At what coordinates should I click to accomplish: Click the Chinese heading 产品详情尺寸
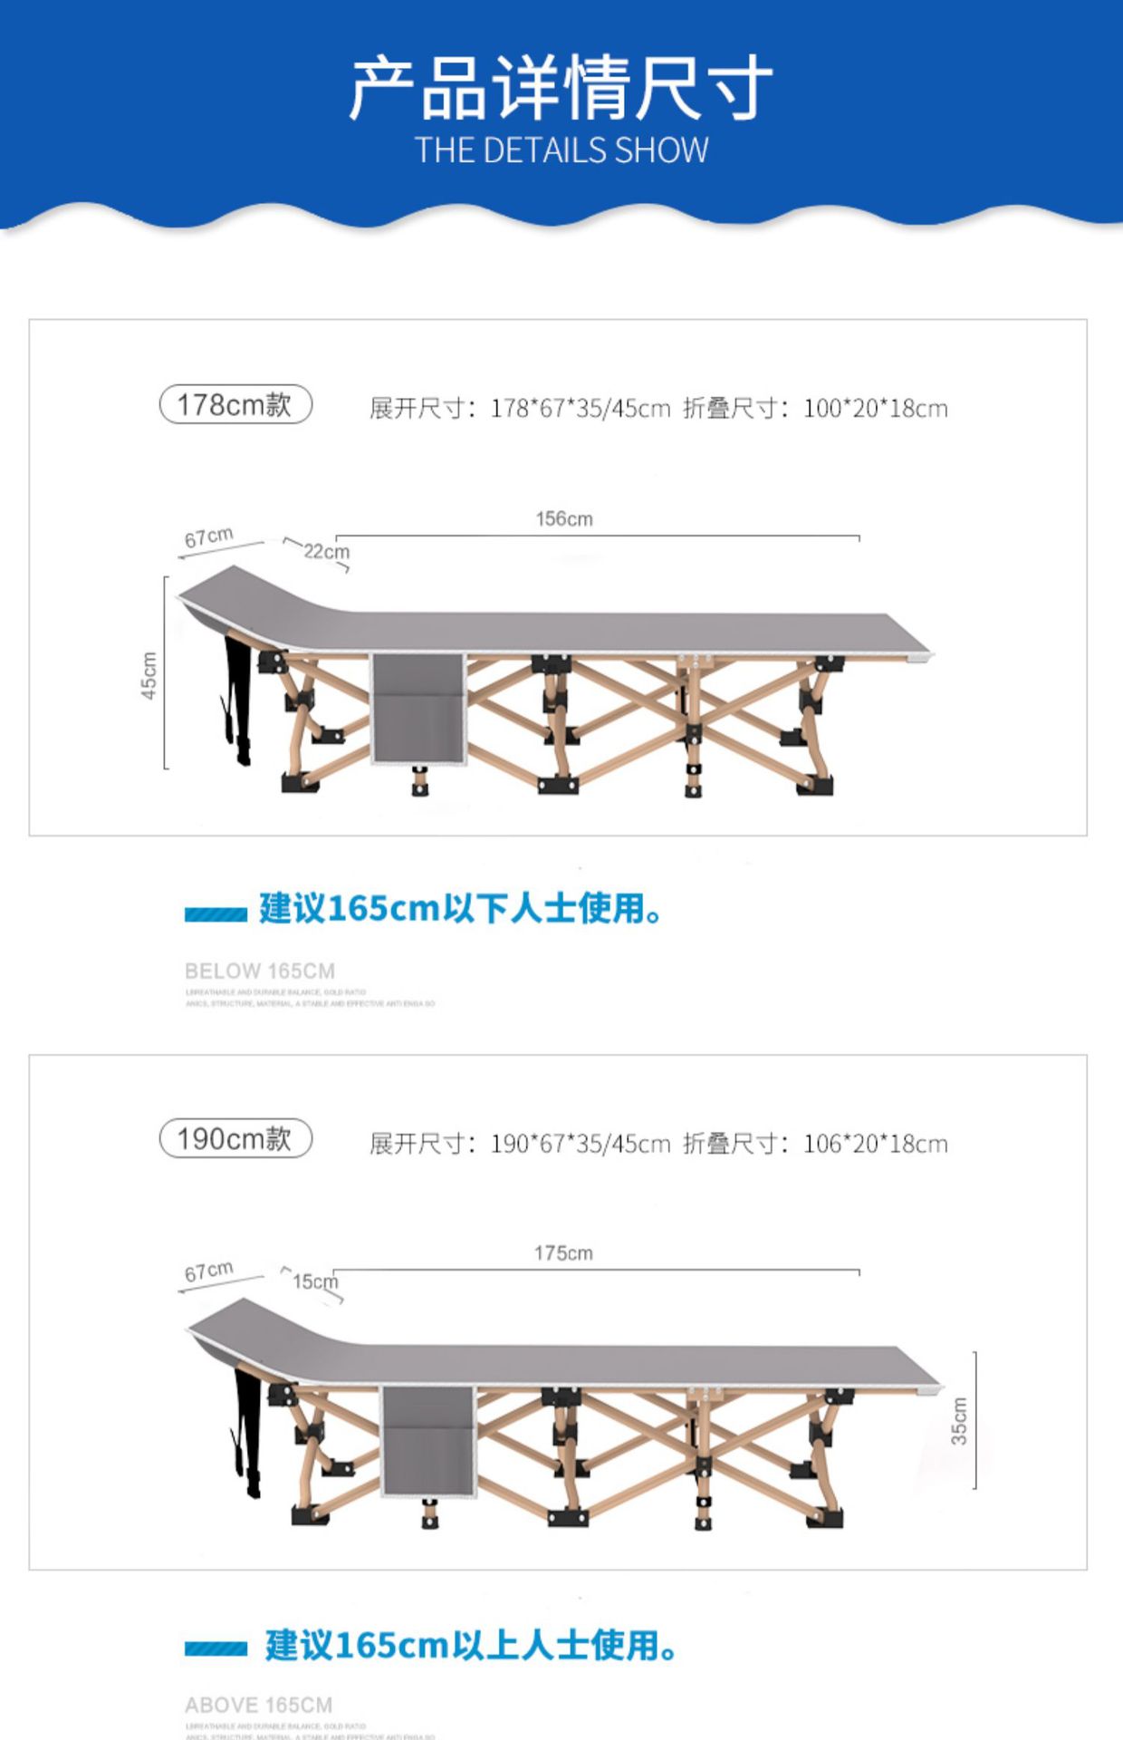pyautogui.click(x=561, y=87)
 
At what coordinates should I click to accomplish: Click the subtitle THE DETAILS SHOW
pyautogui.click(x=561, y=150)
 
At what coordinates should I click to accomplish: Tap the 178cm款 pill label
pyautogui.click(x=235, y=404)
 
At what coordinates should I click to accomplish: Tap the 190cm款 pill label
pyautogui.click(x=235, y=1138)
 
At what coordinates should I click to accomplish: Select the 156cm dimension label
pyautogui.click(x=564, y=519)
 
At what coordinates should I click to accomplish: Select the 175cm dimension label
pyautogui.click(x=563, y=1253)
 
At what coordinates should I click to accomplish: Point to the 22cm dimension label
pyautogui.click(x=326, y=551)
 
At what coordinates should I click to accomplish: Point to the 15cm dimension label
pyautogui.click(x=314, y=1281)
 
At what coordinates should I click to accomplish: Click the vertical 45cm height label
pyautogui.click(x=149, y=675)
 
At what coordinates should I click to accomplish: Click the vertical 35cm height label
pyautogui.click(x=959, y=1420)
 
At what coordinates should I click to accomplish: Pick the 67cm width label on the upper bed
pyautogui.click(x=209, y=537)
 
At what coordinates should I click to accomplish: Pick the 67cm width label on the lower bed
pyautogui.click(x=209, y=1271)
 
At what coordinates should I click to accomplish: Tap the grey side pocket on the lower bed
pyautogui.click(x=427, y=1441)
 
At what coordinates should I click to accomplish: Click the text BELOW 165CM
pyautogui.click(x=260, y=971)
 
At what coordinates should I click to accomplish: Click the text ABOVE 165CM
pyautogui.click(x=259, y=1706)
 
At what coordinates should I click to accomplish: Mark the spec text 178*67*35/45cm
pyautogui.click(x=580, y=409)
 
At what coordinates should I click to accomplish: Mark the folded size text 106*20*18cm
pyautogui.click(x=876, y=1145)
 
